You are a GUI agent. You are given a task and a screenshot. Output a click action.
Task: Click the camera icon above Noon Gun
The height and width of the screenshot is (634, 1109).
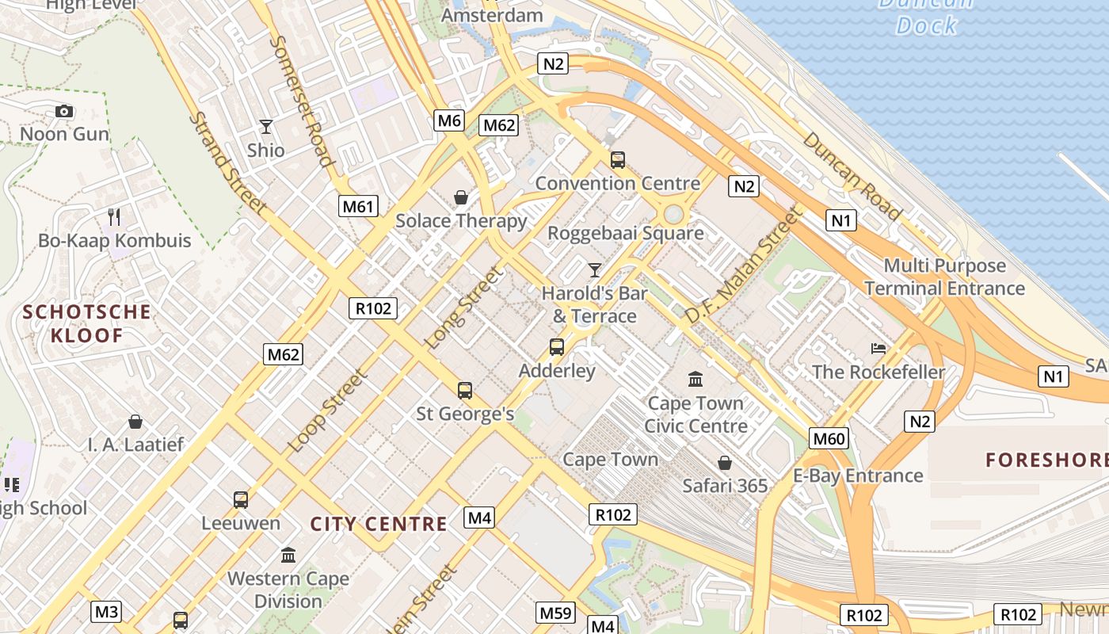click(x=64, y=112)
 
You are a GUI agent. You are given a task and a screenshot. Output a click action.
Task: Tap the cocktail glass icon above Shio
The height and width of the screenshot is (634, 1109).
click(x=265, y=127)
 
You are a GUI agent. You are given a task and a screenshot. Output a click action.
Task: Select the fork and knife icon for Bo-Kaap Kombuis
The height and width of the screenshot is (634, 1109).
click(x=114, y=216)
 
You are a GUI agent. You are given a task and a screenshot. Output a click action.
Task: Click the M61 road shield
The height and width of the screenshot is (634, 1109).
click(x=357, y=207)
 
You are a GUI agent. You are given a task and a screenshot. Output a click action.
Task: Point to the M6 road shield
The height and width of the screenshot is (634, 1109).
click(x=448, y=120)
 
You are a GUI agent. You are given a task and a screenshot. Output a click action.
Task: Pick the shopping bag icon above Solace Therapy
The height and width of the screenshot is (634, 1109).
click(x=460, y=197)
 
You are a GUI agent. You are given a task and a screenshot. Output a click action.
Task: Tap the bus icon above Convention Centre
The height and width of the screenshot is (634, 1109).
click(x=618, y=160)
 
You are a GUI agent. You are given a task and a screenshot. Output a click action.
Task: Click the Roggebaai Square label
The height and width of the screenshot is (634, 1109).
click(x=626, y=233)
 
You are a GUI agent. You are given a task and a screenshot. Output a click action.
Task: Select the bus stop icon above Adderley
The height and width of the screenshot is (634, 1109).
click(x=557, y=347)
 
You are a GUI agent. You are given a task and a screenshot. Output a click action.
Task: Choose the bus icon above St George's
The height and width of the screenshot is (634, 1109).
click(x=465, y=391)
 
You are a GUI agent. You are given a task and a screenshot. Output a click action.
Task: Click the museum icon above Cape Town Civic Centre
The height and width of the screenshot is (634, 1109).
click(x=696, y=380)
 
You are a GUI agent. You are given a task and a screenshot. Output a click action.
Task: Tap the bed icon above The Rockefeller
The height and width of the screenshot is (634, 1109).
click(x=878, y=349)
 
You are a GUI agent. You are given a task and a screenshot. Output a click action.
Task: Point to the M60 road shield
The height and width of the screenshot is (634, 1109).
click(x=829, y=438)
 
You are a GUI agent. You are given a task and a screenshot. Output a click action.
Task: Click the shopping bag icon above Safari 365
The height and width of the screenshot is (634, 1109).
click(x=724, y=463)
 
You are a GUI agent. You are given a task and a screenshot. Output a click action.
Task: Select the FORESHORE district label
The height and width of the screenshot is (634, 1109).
click(x=1046, y=460)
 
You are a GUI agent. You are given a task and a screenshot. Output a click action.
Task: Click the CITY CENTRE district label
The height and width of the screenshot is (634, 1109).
click(x=379, y=524)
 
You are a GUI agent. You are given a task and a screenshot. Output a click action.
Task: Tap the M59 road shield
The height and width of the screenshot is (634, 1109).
click(x=555, y=613)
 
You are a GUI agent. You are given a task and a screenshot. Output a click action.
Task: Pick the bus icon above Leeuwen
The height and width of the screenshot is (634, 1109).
click(x=241, y=500)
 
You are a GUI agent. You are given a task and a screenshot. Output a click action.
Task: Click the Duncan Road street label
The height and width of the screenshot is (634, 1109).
click(x=852, y=176)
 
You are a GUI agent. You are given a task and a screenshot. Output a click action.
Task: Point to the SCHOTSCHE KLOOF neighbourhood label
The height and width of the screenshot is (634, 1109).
click(x=87, y=323)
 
